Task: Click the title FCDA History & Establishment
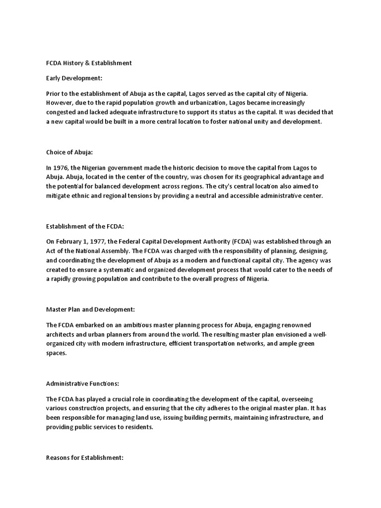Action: [x=89, y=63]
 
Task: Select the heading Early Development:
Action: [x=70, y=78]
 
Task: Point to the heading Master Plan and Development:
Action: [x=90, y=310]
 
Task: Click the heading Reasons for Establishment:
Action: [x=84, y=458]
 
